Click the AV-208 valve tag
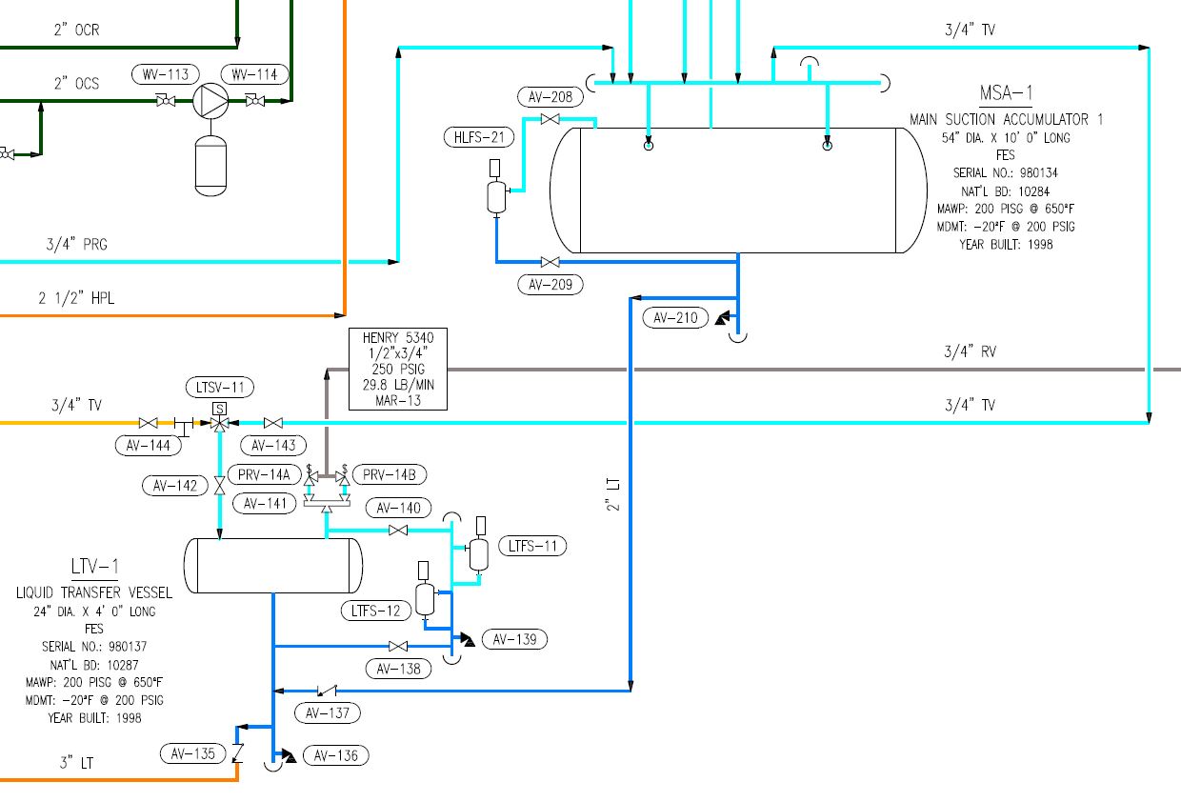tap(550, 96)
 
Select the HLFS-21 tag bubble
tap(479, 137)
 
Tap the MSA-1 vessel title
tap(1006, 93)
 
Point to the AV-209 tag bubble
tap(550, 284)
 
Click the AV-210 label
tap(675, 317)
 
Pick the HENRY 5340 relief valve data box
tap(398, 369)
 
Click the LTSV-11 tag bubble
tap(220, 388)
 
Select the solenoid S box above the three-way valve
tap(219, 408)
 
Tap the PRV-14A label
tap(264, 474)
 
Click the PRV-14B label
tap(390, 474)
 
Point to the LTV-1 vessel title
tap(95, 567)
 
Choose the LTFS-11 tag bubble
tap(532, 546)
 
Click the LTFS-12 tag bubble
tap(376, 611)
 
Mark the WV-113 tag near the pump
tap(166, 74)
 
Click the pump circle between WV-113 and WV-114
tap(210, 101)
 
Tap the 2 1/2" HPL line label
tap(76, 298)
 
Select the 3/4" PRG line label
tap(76, 244)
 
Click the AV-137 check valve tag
tap(328, 712)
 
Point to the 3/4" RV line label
tap(971, 351)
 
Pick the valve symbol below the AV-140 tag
tap(398, 530)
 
